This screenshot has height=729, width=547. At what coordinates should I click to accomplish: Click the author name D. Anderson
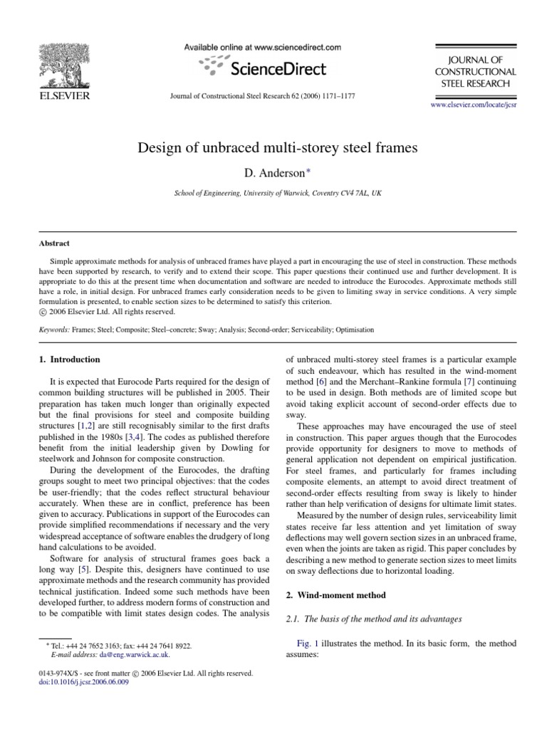click(273, 174)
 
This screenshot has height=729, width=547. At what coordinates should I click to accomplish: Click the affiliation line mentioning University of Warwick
click(273, 193)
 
